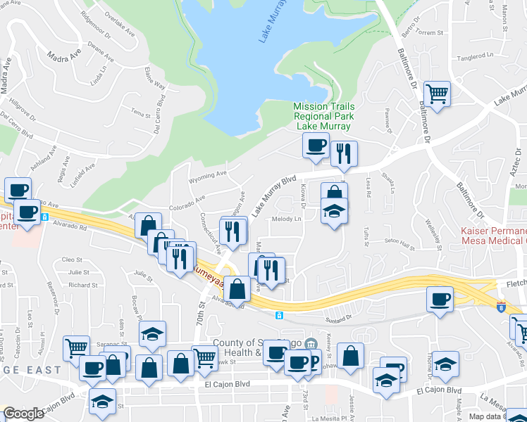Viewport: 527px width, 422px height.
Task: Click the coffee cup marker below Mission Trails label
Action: [x=315, y=145]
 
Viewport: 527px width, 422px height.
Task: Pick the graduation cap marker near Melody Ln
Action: [x=333, y=210]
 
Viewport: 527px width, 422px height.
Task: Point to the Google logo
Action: [x=23, y=414]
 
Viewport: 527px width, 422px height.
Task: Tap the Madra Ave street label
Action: [x=61, y=56]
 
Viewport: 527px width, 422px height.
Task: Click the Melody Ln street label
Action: [x=287, y=219]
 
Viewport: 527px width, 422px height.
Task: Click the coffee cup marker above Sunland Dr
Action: [x=440, y=299]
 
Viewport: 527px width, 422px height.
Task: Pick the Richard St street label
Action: [x=84, y=285]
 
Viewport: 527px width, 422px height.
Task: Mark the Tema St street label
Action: [x=142, y=112]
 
